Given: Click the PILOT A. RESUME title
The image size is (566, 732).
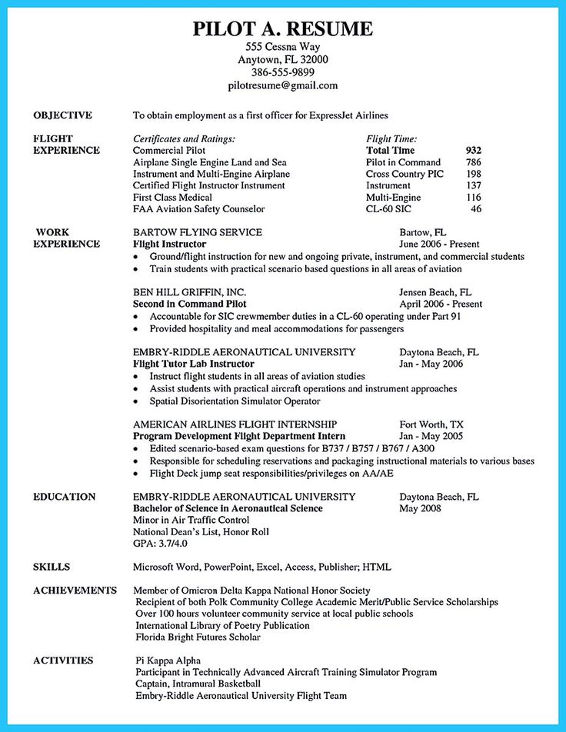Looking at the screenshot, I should click(x=282, y=29).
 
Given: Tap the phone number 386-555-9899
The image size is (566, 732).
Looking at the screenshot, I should click(x=282, y=72).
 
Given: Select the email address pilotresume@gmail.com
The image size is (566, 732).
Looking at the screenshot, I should click(x=282, y=85).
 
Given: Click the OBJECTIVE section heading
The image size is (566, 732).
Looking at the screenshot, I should click(x=63, y=115).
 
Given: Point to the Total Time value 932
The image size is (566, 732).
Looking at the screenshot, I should click(x=473, y=151).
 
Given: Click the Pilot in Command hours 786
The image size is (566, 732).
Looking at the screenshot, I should click(x=473, y=162).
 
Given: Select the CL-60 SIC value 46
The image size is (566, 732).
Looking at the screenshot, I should click(x=476, y=208).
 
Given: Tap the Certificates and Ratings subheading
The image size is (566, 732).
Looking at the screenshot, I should click(x=184, y=139).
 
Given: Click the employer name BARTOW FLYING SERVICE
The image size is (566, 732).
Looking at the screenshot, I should click(x=198, y=232).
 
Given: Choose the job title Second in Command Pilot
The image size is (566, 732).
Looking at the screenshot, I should click(x=188, y=304).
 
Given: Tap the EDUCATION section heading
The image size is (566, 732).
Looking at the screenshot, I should click(x=65, y=497).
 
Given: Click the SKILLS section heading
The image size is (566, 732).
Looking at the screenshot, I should click(x=52, y=567).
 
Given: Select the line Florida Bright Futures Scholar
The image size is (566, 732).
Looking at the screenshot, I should click(x=198, y=637).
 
